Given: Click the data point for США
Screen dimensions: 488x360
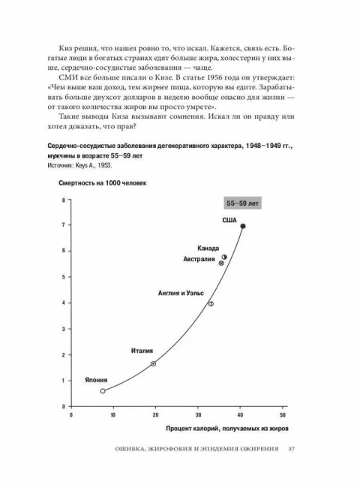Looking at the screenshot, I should click(x=242, y=226).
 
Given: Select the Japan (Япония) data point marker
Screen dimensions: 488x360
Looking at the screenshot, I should click(x=103, y=390).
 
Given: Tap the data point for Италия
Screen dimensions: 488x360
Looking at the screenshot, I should click(x=153, y=363).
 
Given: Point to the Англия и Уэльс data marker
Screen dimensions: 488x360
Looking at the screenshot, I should click(x=211, y=303).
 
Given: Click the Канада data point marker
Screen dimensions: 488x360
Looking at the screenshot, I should click(x=223, y=256).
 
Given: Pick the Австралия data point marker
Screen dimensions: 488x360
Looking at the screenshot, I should click(x=221, y=263).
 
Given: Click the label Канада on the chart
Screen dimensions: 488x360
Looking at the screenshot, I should click(x=208, y=248).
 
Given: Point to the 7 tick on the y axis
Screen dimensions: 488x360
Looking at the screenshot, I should click(x=64, y=224).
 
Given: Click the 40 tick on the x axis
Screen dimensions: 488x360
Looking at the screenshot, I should click(x=240, y=414).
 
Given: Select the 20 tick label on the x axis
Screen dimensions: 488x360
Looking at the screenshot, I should click(x=155, y=414).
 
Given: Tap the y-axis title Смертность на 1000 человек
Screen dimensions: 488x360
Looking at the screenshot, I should click(x=99, y=183).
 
